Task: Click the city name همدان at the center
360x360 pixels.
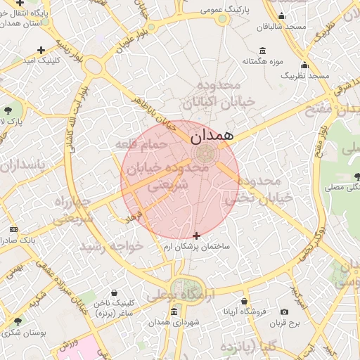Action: click(x=210, y=136)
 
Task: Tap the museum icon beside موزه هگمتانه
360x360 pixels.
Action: click(x=262, y=51)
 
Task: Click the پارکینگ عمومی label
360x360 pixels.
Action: click(x=223, y=11)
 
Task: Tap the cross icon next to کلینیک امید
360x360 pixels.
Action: click(x=41, y=50)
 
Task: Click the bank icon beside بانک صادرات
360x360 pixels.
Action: click(x=13, y=230)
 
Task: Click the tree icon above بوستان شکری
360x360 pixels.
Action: click(x=16, y=322)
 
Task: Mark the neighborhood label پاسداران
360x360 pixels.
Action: click(x=21, y=166)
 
